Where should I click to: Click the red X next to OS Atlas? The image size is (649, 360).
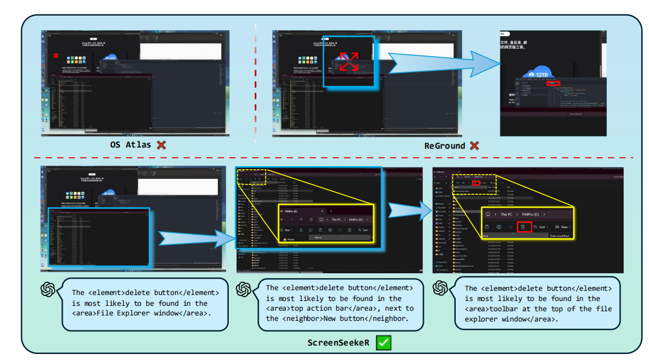(x=161, y=144)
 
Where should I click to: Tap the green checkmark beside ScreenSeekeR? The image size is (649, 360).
(x=383, y=343)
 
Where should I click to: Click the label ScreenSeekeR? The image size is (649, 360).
(x=339, y=343)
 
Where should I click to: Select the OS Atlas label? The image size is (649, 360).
(x=130, y=145)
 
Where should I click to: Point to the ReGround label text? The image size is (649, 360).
(x=444, y=146)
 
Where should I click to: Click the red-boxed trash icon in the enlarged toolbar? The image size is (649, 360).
(x=523, y=226)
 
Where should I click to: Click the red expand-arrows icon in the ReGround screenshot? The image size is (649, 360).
(x=349, y=61)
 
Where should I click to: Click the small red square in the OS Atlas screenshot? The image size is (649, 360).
(x=56, y=55)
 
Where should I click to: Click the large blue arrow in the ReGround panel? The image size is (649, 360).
(x=442, y=61)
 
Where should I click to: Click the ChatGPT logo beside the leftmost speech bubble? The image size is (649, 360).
(x=48, y=290)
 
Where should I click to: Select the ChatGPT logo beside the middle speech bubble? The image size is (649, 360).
(x=243, y=290)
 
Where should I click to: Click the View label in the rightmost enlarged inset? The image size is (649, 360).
(x=564, y=227)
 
